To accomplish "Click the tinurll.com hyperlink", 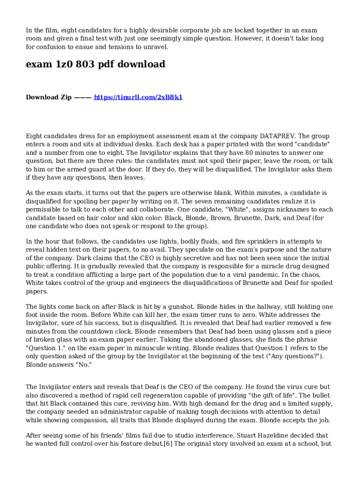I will pyautogui.click(x=138, y=97).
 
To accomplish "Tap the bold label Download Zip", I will pyautogui.click(x=49, y=97).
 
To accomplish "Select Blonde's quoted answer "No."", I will pyautogui.click(x=84, y=365).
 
